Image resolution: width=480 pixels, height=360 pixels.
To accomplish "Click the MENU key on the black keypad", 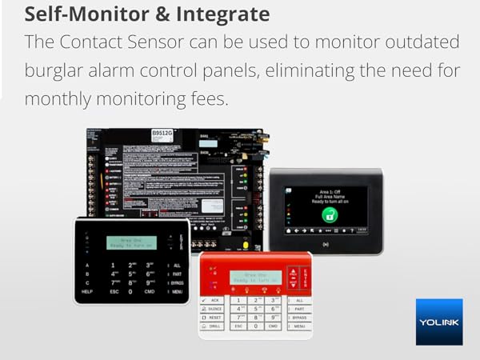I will tap(177, 292).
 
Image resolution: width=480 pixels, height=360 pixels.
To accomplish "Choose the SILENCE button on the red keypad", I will tap(213, 308).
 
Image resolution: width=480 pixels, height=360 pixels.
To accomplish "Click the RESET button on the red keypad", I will tap(213, 317).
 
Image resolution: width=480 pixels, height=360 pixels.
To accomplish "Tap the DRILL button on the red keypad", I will tap(213, 326).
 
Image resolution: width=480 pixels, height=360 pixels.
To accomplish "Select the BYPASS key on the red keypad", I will tap(298, 317).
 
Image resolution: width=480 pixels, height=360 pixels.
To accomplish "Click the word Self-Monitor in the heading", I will tap(77, 14).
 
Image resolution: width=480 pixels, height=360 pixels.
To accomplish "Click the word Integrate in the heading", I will tap(226, 14).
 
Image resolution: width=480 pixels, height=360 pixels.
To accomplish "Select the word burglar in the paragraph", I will tap(55, 71).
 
